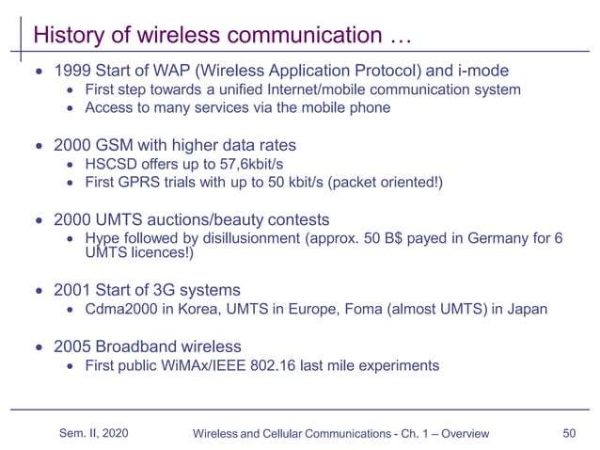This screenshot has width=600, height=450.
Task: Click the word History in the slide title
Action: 64,36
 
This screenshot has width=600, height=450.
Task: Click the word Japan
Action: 526,309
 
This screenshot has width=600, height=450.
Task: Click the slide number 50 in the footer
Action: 568,433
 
